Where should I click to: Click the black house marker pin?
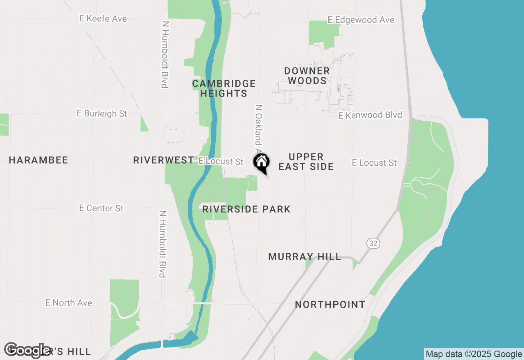(261, 162)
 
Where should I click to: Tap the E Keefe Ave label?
(104, 19)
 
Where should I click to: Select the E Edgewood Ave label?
(361, 20)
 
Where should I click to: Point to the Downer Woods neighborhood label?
(307, 76)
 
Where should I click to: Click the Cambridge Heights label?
(224, 88)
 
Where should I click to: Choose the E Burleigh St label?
(102, 113)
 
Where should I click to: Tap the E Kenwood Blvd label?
(370, 115)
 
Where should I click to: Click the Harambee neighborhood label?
(38, 160)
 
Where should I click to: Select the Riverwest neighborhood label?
(163, 160)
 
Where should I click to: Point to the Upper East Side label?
(306, 162)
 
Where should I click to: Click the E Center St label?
(101, 208)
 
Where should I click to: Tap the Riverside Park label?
(246, 209)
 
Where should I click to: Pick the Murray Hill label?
(305, 256)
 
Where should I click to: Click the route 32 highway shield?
(373, 243)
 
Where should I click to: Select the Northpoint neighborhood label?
(330, 304)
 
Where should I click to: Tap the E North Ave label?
(69, 303)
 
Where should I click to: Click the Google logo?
(27, 350)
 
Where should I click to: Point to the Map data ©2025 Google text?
(474, 354)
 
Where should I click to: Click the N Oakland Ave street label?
(258, 127)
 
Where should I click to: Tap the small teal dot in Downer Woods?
(338, 89)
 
